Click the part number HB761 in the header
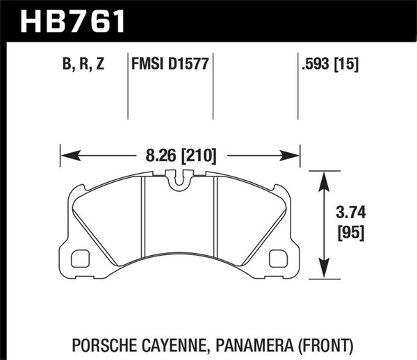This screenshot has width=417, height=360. tap(74, 21)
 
